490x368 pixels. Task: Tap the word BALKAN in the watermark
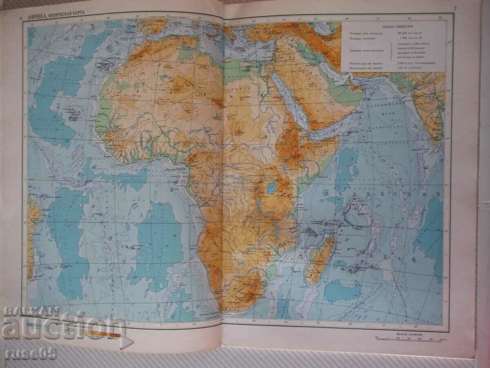(26, 312)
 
